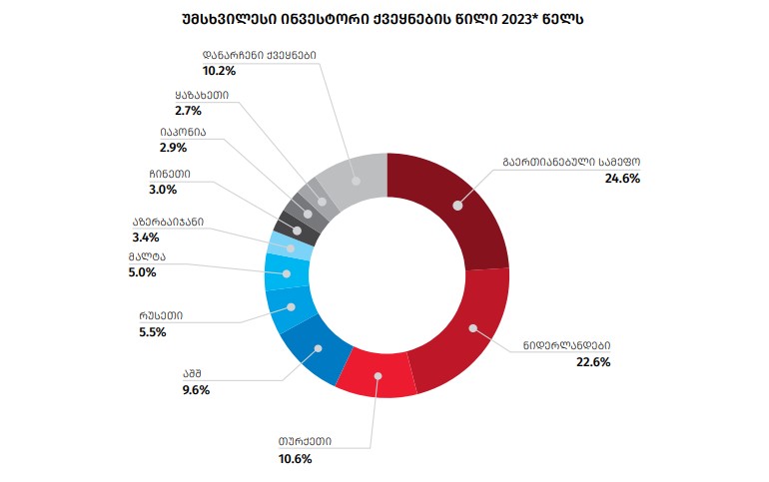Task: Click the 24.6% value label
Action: click(621, 179)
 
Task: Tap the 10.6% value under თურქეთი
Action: click(295, 459)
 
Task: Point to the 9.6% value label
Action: click(196, 390)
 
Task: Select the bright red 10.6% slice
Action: click(377, 376)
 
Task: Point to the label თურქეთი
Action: click(305, 442)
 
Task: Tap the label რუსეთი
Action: click(161, 315)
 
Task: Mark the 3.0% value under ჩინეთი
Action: click(163, 190)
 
